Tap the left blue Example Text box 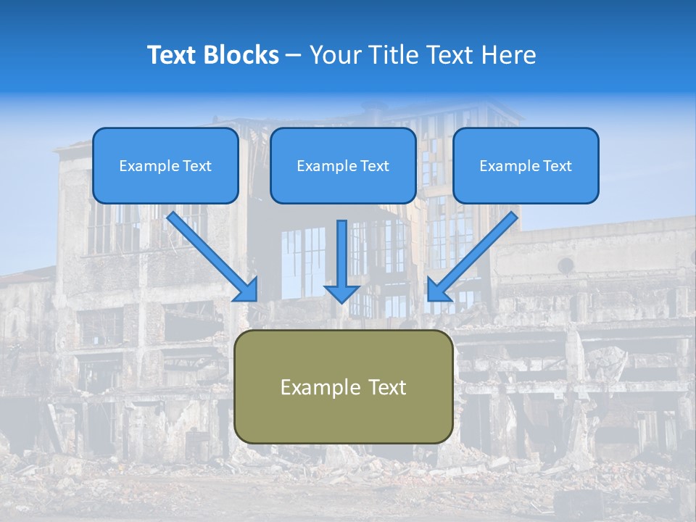tap(165, 165)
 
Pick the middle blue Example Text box tap(343, 165)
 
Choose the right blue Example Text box tap(526, 165)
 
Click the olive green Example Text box tap(344, 386)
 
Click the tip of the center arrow tap(341, 301)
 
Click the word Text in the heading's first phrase tap(173, 55)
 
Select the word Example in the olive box tap(316, 387)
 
